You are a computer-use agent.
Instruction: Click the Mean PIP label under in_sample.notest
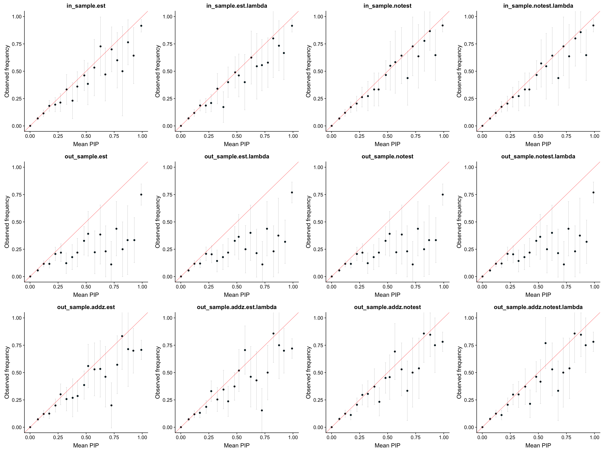point(387,144)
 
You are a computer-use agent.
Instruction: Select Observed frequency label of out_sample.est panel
point(7,222)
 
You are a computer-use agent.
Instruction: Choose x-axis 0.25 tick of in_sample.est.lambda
point(209,136)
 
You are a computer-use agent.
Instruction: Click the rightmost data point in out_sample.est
point(141,194)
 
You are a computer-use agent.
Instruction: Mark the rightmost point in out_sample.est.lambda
point(292,192)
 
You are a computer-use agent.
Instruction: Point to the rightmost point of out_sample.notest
point(443,194)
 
